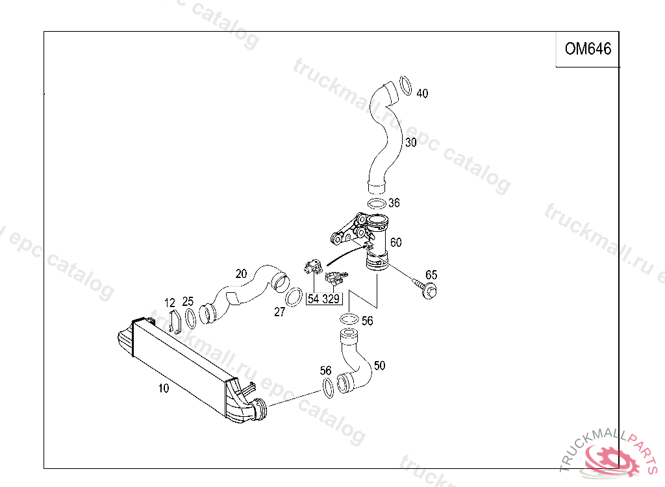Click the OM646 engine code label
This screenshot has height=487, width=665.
(588, 49)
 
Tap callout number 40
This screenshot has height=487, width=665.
(422, 94)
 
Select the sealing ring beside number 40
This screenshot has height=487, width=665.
(405, 86)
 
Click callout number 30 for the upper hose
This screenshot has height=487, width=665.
(410, 143)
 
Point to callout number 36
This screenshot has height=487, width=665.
(394, 203)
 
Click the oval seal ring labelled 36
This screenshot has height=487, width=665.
(376, 204)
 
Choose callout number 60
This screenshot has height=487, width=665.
(395, 242)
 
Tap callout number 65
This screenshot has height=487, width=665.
(431, 275)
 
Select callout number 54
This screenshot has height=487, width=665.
(314, 299)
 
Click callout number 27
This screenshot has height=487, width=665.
(279, 312)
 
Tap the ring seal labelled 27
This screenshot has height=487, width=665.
(294, 295)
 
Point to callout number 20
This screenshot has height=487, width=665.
(241, 273)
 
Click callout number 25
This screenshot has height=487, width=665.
(188, 301)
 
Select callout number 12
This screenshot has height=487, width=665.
(169, 303)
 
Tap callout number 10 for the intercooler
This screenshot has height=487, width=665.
(164, 388)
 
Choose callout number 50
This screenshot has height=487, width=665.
(379, 366)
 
